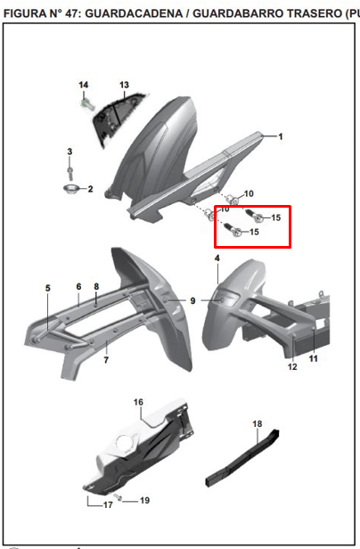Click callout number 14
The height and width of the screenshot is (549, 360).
click(x=84, y=85)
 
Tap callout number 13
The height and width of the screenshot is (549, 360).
click(x=125, y=85)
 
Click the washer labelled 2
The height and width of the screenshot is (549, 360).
click(x=71, y=189)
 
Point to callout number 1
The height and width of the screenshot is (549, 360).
click(x=281, y=136)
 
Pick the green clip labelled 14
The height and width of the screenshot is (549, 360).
click(x=86, y=104)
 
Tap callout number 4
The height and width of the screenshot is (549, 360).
click(x=217, y=258)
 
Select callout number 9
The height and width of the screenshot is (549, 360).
click(x=193, y=300)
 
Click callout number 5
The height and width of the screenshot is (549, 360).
click(x=47, y=288)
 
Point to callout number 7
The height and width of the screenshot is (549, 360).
click(x=106, y=360)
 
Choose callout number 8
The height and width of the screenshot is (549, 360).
click(x=96, y=287)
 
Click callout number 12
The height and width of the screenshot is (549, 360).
click(x=292, y=367)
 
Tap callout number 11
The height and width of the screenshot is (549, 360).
click(x=313, y=358)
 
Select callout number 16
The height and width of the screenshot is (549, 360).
click(x=138, y=402)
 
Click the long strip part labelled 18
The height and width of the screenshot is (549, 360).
click(x=242, y=457)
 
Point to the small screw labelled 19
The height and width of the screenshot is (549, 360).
click(x=118, y=497)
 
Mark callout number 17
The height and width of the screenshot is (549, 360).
click(x=108, y=504)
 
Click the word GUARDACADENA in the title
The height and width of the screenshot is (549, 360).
click(x=134, y=13)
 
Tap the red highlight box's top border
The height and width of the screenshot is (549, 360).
click(x=252, y=207)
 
